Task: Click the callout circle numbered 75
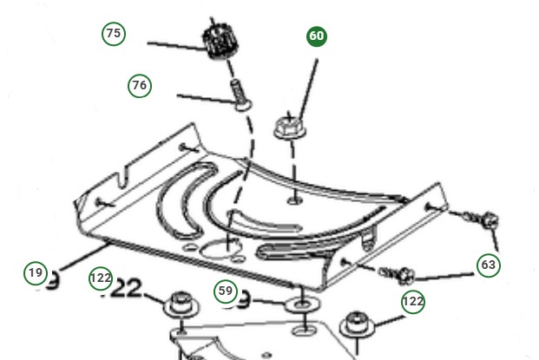113,34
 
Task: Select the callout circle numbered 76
139,85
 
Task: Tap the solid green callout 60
317,36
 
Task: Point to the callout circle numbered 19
35,272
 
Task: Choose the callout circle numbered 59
226,291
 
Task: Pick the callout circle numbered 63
489,265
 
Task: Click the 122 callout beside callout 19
101,278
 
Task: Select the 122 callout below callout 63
413,301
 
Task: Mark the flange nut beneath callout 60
288,127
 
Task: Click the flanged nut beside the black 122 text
181,304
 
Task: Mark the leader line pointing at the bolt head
204,98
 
